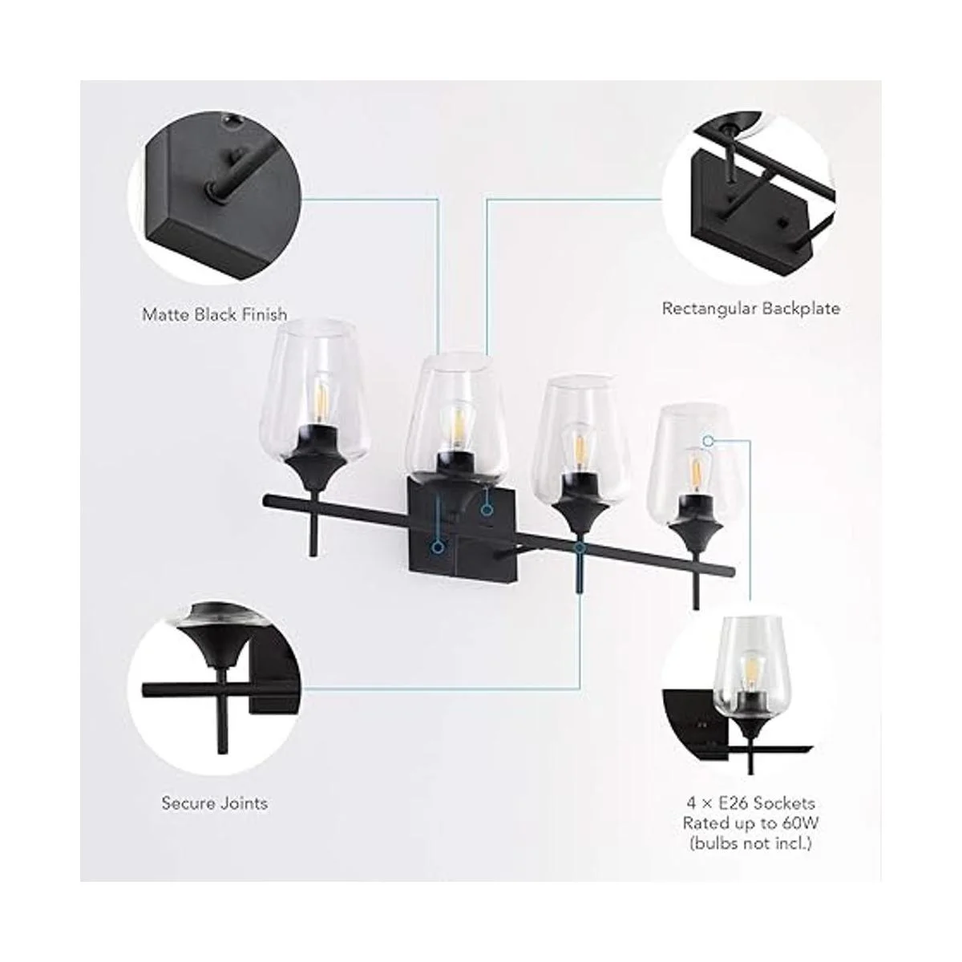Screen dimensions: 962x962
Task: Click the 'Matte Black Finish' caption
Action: point(214,313)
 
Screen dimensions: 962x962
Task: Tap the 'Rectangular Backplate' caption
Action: point(750,308)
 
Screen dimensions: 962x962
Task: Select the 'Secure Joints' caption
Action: point(215,802)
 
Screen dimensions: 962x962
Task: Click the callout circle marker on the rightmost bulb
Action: point(708,440)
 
